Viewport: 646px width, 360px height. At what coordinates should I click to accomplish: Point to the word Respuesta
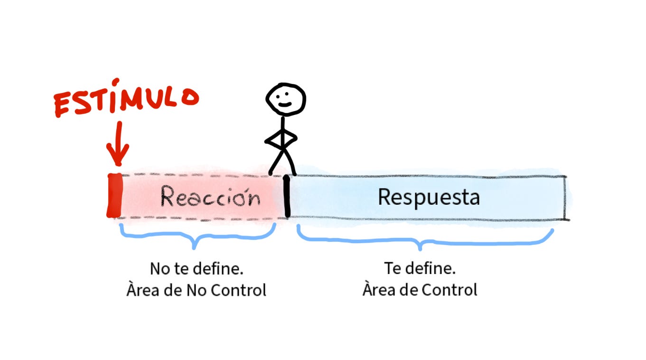[x=428, y=197]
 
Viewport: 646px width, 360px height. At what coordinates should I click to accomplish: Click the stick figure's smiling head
[x=285, y=99]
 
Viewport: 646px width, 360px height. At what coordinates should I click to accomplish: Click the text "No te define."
[x=197, y=269]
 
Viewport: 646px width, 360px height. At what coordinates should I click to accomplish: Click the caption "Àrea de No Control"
[x=197, y=290]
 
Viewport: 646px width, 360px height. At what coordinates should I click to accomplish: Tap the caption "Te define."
[x=420, y=268]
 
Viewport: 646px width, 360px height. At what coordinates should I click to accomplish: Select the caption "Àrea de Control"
[x=420, y=289]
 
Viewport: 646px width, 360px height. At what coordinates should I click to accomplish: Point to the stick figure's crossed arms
[x=281, y=139]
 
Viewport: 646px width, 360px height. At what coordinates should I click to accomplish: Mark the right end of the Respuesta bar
[x=564, y=198]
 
